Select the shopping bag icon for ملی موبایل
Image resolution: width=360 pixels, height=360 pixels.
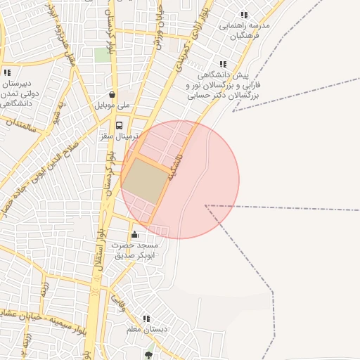(112, 95)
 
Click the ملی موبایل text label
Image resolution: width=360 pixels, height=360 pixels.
(112, 105)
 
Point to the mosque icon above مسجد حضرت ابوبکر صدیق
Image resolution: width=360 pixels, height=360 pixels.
(134, 235)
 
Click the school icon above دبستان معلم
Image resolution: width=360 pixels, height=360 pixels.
(146, 319)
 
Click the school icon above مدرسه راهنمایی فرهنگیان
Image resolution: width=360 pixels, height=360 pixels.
(244, 15)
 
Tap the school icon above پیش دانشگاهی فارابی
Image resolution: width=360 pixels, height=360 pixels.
(223, 64)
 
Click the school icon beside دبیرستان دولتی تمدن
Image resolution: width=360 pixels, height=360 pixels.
(7, 72)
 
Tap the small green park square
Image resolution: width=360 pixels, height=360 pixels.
(103, 55)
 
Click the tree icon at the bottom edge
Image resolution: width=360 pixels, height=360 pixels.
(148, 356)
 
